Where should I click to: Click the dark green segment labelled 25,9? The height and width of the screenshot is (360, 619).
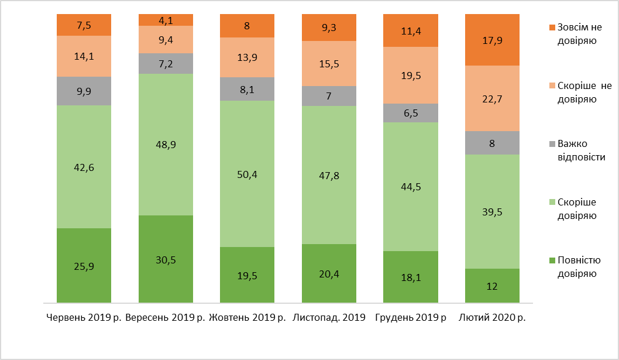point(84,265)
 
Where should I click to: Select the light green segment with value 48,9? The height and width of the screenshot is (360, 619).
point(166,145)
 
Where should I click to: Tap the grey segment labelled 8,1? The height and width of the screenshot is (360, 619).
point(247,89)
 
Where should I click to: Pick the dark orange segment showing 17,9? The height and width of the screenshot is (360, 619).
point(491,40)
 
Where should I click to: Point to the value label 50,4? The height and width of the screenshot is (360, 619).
point(247,174)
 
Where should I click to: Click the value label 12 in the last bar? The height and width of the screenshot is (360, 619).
point(491,287)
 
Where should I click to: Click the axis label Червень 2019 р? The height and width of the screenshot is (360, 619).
point(84,318)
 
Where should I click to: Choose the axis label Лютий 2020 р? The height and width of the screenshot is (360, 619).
point(492,318)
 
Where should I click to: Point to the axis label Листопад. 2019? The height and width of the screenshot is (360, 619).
point(329,318)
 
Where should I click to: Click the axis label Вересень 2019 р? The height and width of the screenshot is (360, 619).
point(166,318)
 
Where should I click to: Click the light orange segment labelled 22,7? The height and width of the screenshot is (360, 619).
point(491,98)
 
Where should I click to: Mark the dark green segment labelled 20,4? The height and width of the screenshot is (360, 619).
point(329,273)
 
